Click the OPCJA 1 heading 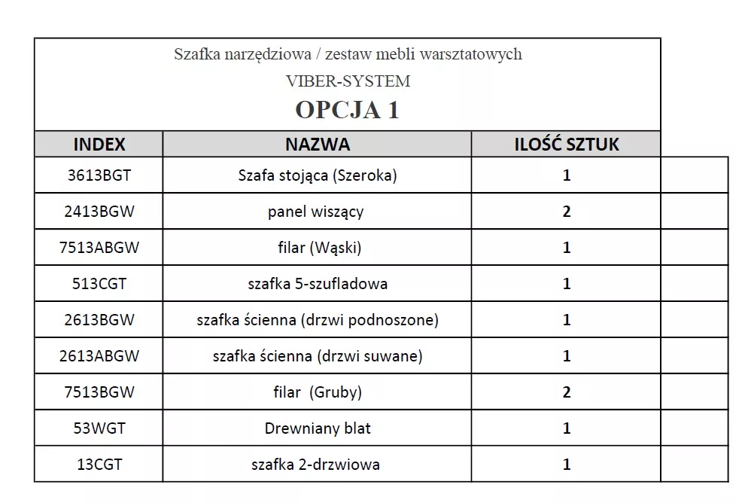[347, 109]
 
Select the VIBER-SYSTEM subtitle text [348, 81]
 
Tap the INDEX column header [99, 144]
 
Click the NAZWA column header [317, 144]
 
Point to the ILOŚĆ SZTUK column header [566, 144]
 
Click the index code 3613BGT [99, 175]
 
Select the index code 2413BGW [99, 212]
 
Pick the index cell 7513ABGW [99, 248]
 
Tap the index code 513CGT [99, 284]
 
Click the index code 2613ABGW [99, 356]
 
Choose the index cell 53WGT [99, 428]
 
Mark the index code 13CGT [99, 465]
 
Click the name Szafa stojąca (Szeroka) [317, 175]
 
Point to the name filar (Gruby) [317, 392]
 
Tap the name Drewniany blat [317, 428]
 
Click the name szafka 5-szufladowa [317, 284]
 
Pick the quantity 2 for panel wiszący [567, 212]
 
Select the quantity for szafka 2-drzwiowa [567, 465]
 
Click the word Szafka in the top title [195, 54]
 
